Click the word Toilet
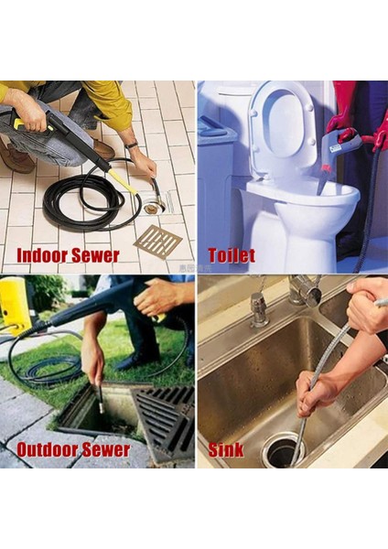point(232,255)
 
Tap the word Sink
point(225,450)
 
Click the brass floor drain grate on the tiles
point(158,242)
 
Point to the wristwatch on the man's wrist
point(132,145)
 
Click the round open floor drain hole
point(155,207)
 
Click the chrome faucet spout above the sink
point(306,291)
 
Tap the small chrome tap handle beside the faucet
point(258,308)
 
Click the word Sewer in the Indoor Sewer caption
point(95,255)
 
